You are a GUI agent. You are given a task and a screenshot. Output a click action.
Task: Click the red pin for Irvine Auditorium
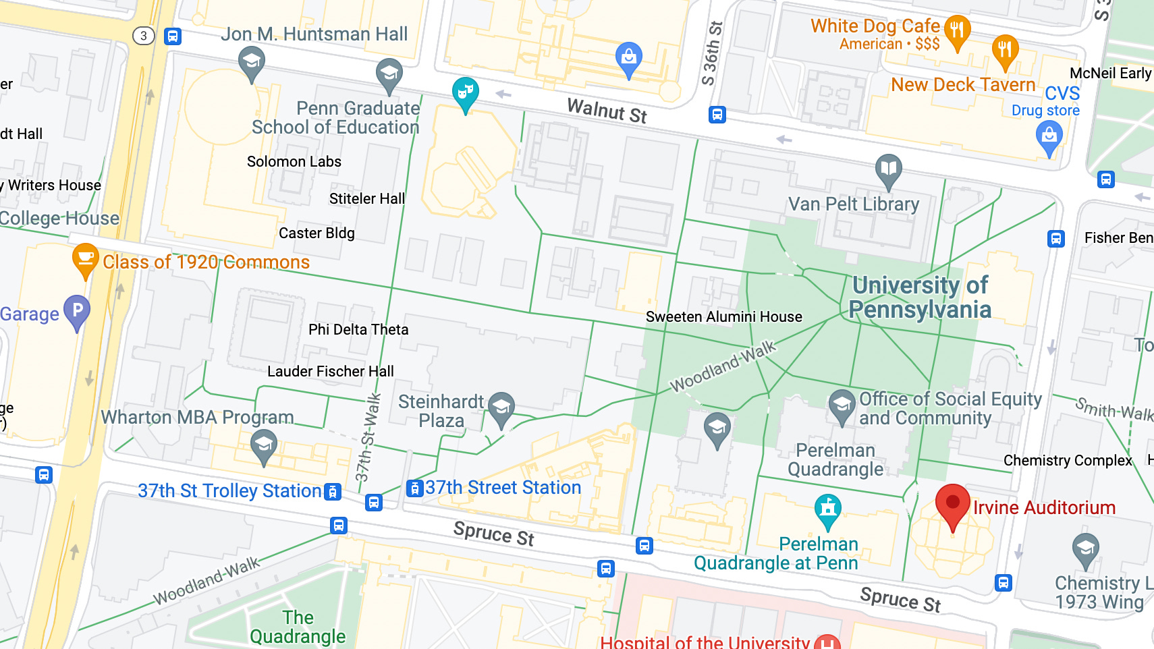(952, 504)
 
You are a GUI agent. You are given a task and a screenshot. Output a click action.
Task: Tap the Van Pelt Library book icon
(889, 169)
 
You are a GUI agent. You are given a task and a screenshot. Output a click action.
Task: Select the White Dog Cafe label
(875, 26)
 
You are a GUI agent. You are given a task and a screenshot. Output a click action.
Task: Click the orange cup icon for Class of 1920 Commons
(85, 259)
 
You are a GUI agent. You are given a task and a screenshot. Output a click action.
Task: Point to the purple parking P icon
(77, 311)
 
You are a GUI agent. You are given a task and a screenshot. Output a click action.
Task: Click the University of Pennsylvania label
(920, 297)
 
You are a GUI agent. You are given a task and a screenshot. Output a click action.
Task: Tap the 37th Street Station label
(503, 487)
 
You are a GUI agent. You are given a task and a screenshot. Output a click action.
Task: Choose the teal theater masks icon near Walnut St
(465, 92)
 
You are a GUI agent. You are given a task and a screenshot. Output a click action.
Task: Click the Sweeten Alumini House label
(723, 316)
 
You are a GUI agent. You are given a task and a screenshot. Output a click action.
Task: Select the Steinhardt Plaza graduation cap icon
(501, 408)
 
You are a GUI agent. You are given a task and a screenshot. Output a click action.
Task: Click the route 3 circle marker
(143, 36)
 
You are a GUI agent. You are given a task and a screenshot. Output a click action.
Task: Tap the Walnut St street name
(607, 111)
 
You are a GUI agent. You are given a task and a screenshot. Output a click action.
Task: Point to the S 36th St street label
(712, 54)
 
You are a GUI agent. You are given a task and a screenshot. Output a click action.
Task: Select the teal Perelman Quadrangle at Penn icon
(827, 510)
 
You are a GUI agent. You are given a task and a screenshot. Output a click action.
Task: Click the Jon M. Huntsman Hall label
(314, 34)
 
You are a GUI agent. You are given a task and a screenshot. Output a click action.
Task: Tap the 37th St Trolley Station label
(229, 490)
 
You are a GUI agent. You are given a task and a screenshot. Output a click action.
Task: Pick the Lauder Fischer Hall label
(330, 371)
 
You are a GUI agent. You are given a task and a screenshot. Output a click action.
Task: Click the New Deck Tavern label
(962, 84)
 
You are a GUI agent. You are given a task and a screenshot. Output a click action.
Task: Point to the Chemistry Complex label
(1067, 460)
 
